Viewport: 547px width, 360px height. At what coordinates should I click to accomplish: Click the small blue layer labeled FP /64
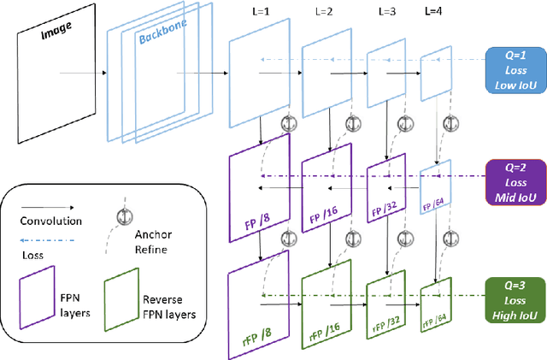[x=436, y=190]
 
